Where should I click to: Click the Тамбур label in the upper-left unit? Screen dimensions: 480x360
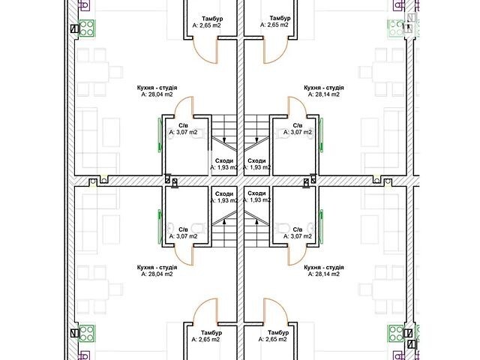pos(212,19)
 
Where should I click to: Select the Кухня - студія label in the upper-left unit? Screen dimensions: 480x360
pos(157,88)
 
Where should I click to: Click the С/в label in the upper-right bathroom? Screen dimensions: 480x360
pos(298,126)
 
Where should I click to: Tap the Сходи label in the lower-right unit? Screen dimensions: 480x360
pos(256,193)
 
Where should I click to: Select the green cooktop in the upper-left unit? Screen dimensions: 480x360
pos(88,28)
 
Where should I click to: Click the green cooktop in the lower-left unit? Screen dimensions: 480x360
pos(87,333)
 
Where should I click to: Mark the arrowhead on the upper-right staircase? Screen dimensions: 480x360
pos(256,140)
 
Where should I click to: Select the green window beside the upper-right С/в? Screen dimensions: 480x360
pos(321,135)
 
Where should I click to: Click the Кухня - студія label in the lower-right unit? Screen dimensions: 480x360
pos(324,268)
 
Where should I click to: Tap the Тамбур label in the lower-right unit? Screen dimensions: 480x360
pos(278,333)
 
